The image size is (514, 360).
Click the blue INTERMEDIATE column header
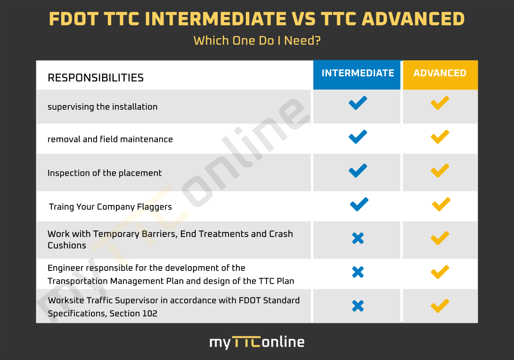357,75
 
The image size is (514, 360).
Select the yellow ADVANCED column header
440,75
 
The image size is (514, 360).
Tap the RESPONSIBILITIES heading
96,78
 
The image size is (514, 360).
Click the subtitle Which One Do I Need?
257,41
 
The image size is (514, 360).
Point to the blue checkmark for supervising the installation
357,103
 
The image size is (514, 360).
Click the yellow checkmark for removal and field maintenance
440,137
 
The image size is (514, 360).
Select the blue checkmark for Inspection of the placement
357,171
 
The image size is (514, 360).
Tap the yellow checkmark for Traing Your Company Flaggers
441,205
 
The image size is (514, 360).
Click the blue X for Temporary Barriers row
358,238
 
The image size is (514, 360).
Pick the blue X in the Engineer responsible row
358,272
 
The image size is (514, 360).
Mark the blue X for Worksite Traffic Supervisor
358,306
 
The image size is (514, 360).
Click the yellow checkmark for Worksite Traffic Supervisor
440,306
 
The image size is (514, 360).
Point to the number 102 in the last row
150,313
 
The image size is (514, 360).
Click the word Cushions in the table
67,245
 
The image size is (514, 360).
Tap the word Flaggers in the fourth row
155,207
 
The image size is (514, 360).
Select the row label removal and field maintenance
110,139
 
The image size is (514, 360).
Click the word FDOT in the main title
73,19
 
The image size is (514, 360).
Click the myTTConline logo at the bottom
257,342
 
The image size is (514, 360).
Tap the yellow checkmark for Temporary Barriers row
440,238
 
